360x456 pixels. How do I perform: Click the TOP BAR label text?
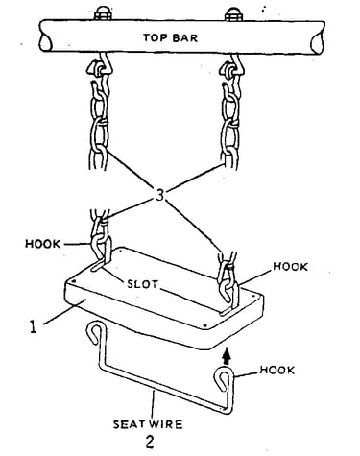pos(170,37)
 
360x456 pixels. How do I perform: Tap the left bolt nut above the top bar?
pos(103,15)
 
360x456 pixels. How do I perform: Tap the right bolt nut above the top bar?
pos(233,15)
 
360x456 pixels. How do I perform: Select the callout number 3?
pos(159,195)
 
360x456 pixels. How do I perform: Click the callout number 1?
pos(33,327)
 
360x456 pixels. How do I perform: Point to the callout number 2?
pos(150,442)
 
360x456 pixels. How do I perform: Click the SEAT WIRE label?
pos(148,424)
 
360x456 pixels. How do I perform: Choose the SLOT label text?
pos(142,284)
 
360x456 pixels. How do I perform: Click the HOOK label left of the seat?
pos(42,244)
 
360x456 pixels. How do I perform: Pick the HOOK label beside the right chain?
pos(290,267)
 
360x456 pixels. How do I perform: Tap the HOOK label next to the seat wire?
pos(277,371)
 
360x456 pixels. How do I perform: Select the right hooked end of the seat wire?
pos(224,378)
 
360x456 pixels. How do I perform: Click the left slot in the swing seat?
pos(98,266)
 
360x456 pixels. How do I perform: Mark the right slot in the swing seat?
pos(226,311)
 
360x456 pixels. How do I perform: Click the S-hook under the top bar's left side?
pos(100,66)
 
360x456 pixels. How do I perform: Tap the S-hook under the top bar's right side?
pos(232,67)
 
